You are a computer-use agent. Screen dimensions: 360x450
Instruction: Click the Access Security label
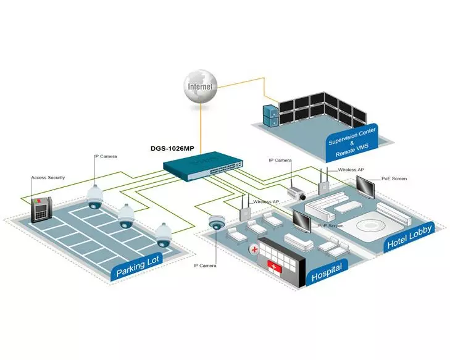coord(48,178)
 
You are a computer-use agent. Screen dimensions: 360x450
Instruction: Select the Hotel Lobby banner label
coord(409,237)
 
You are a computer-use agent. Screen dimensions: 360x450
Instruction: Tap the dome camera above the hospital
coord(217,223)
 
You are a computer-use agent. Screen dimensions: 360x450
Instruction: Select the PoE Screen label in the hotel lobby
coord(394,178)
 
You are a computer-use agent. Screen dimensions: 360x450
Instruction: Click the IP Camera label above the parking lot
coord(106,157)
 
